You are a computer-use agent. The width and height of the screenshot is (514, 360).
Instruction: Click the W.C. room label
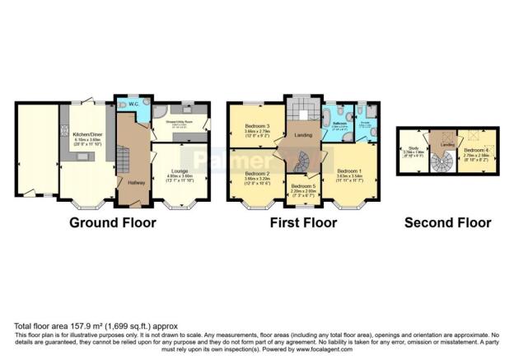[x=128, y=105]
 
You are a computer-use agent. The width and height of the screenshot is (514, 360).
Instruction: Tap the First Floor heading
[x=304, y=222]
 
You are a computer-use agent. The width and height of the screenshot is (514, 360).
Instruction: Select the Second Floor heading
[x=448, y=222]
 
